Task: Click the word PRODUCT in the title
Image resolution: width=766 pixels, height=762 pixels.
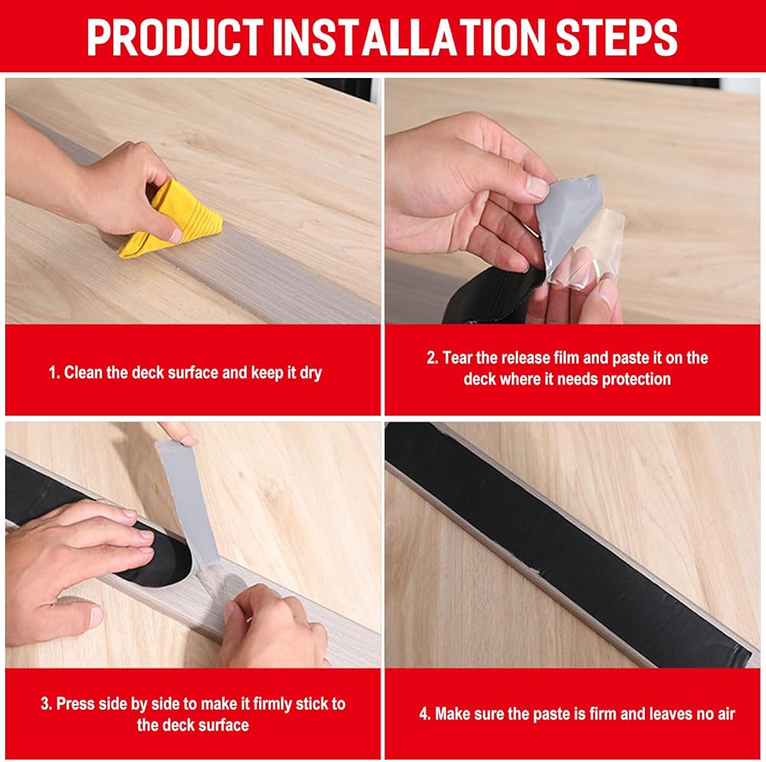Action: click(x=175, y=38)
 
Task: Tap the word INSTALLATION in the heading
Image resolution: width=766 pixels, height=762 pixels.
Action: click(x=409, y=38)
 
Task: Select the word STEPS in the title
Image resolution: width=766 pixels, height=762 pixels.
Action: click(x=617, y=38)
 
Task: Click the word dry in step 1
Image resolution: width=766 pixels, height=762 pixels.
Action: click(x=311, y=374)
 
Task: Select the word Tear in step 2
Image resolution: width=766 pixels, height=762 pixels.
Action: click(x=458, y=358)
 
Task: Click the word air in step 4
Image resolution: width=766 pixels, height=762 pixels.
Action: click(x=726, y=714)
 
